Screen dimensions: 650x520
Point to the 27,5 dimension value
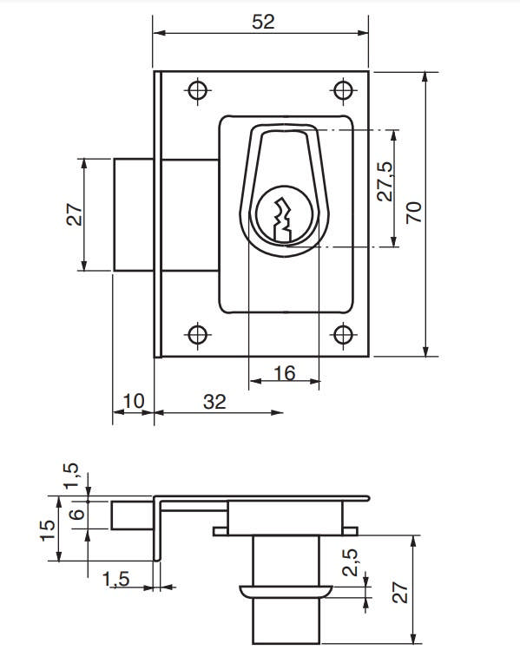pos(385,181)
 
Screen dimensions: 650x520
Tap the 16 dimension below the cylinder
pos(284,372)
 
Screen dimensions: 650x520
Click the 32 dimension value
pos(214,401)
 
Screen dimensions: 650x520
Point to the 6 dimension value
pos(76,515)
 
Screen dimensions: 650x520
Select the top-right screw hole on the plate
pos(344,90)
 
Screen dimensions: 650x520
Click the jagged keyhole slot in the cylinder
pos(280,221)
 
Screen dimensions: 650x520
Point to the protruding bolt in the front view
pos(135,213)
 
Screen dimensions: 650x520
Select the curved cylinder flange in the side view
pos(284,592)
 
